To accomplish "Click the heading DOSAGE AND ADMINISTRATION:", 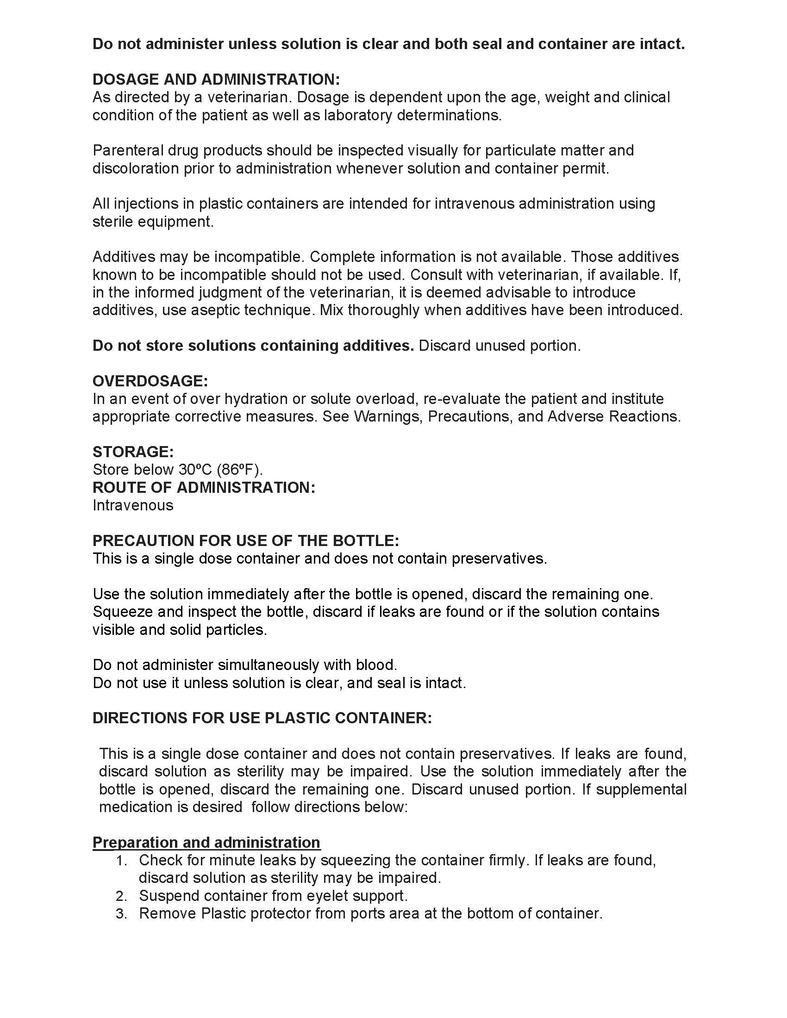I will click(216, 79).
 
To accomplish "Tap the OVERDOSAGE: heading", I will click(150, 381).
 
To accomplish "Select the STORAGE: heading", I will click(133, 452).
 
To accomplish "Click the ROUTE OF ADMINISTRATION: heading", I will click(204, 488).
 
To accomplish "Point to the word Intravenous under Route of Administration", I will click(133, 505).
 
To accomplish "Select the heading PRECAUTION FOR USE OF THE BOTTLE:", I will click(246, 540).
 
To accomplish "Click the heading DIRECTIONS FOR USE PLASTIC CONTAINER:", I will click(262, 718).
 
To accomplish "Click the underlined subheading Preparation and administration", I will click(206, 842).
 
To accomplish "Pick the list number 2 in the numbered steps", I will click(121, 896).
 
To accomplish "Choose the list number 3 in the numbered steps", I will click(121, 913).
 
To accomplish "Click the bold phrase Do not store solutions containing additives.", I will click(253, 345).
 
